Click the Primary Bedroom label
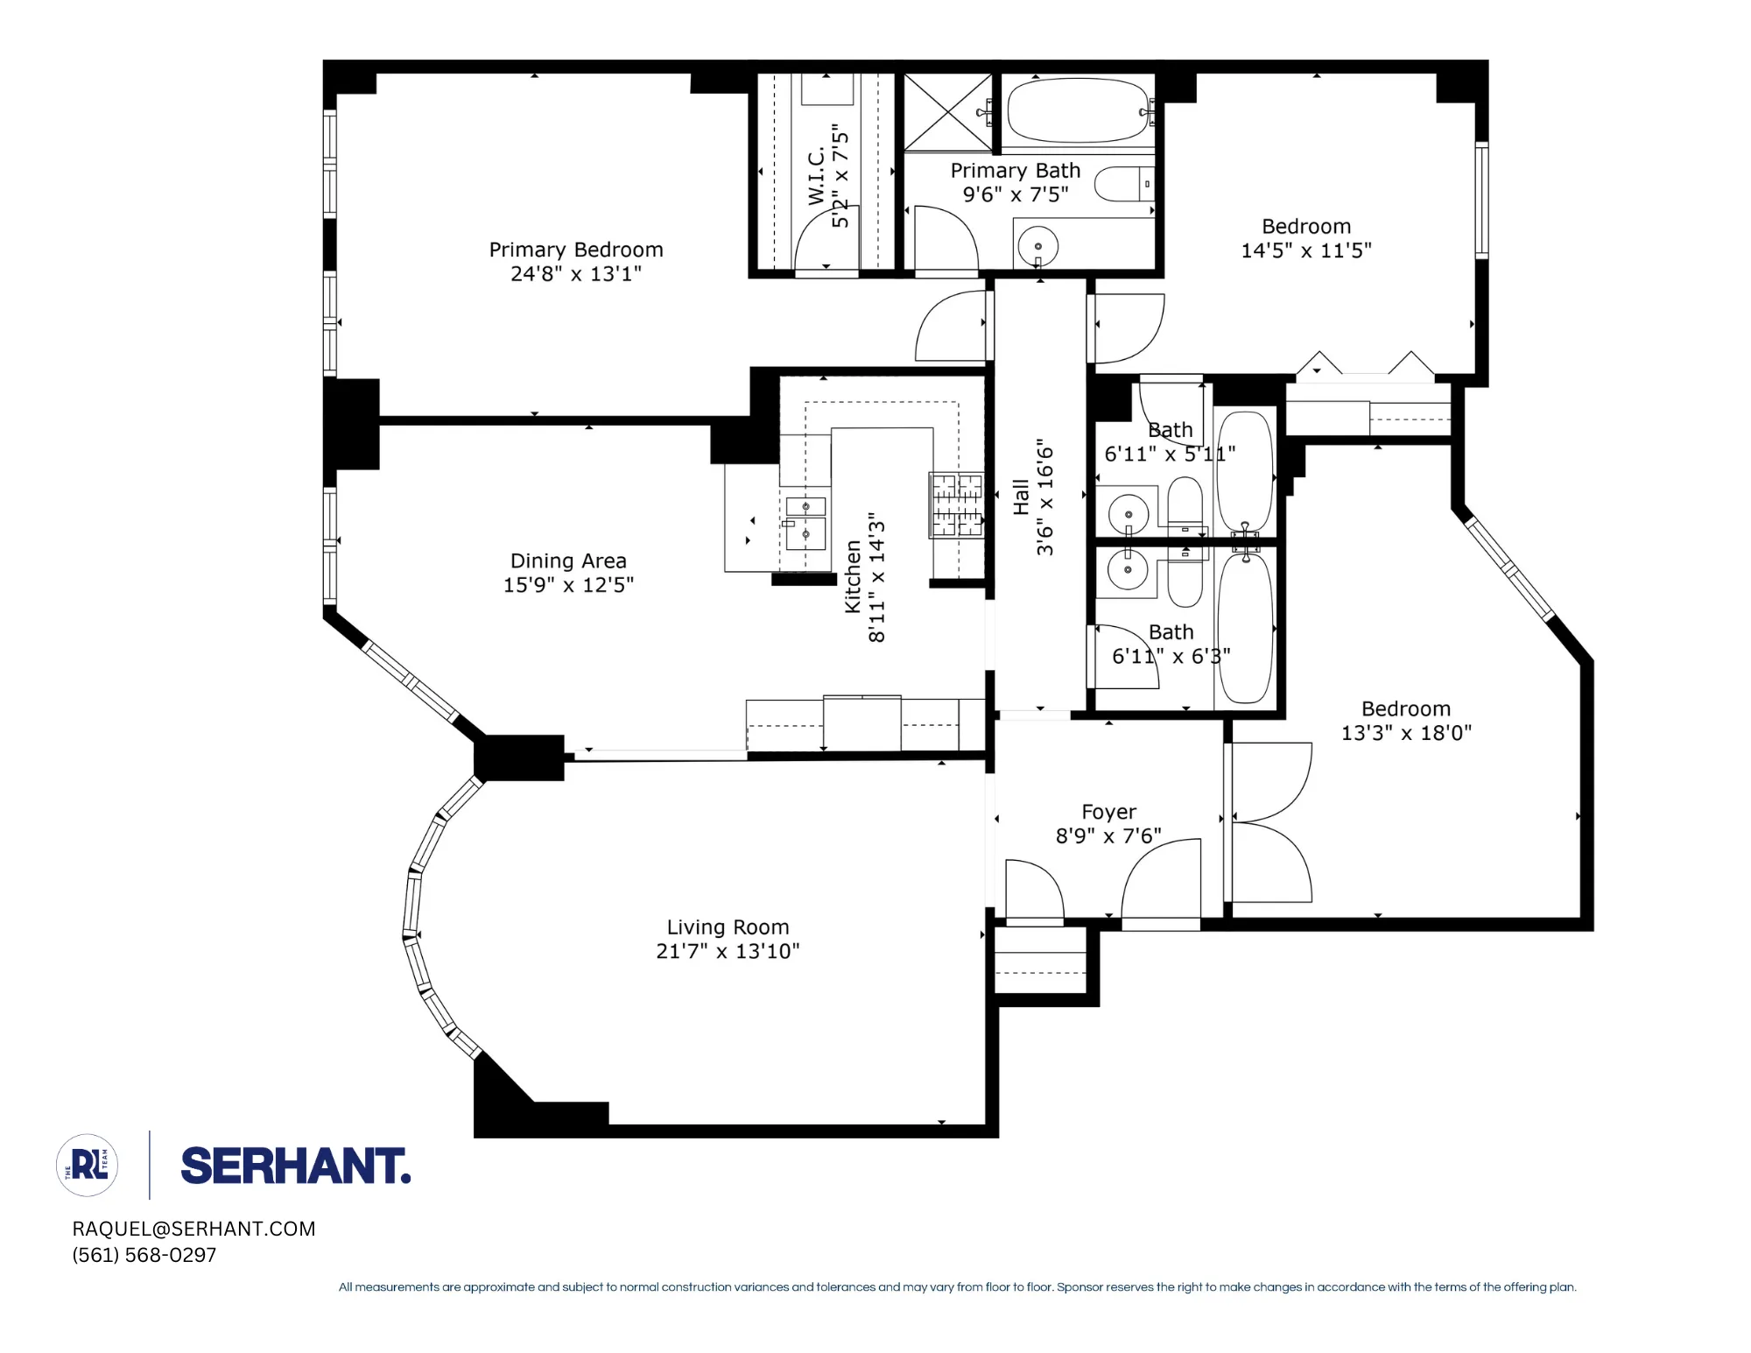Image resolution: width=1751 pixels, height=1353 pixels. click(x=575, y=250)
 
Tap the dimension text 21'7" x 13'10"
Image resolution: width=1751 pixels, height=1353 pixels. click(x=728, y=951)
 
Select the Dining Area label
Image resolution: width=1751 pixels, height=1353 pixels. click(x=568, y=560)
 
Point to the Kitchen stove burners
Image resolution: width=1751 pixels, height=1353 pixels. click(x=956, y=504)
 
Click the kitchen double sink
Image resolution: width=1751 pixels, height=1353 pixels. click(x=805, y=521)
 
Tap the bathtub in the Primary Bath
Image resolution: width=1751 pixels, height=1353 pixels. click(x=1077, y=111)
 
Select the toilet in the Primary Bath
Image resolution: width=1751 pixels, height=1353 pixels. click(x=1124, y=183)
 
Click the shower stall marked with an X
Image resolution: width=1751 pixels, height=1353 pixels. click(x=947, y=112)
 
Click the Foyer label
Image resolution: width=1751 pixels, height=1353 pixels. click(x=1108, y=812)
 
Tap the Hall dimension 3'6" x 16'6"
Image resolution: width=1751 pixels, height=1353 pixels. click(x=1045, y=497)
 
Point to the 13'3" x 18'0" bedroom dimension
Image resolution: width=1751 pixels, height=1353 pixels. click(x=1405, y=733)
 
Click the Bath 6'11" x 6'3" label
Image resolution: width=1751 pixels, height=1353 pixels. click(x=1171, y=644)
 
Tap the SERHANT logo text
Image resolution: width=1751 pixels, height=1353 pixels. click(x=295, y=1166)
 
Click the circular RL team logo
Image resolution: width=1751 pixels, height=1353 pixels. click(x=88, y=1166)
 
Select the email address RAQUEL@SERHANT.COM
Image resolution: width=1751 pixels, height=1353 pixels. click(x=193, y=1229)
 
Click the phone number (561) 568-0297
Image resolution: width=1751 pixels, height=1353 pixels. click(x=144, y=1255)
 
